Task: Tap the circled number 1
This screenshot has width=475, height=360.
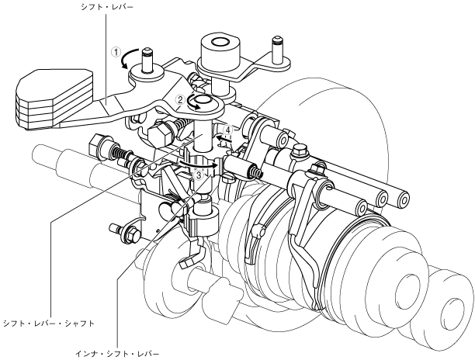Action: coord(116,54)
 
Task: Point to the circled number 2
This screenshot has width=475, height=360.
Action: coord(179,100)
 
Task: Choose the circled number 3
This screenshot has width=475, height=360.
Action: coord(199,176)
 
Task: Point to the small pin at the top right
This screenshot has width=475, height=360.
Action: coord(275,47)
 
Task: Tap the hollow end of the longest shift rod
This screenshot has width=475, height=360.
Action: coord(404,199)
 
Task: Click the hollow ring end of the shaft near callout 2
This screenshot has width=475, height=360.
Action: coord(202,102)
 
